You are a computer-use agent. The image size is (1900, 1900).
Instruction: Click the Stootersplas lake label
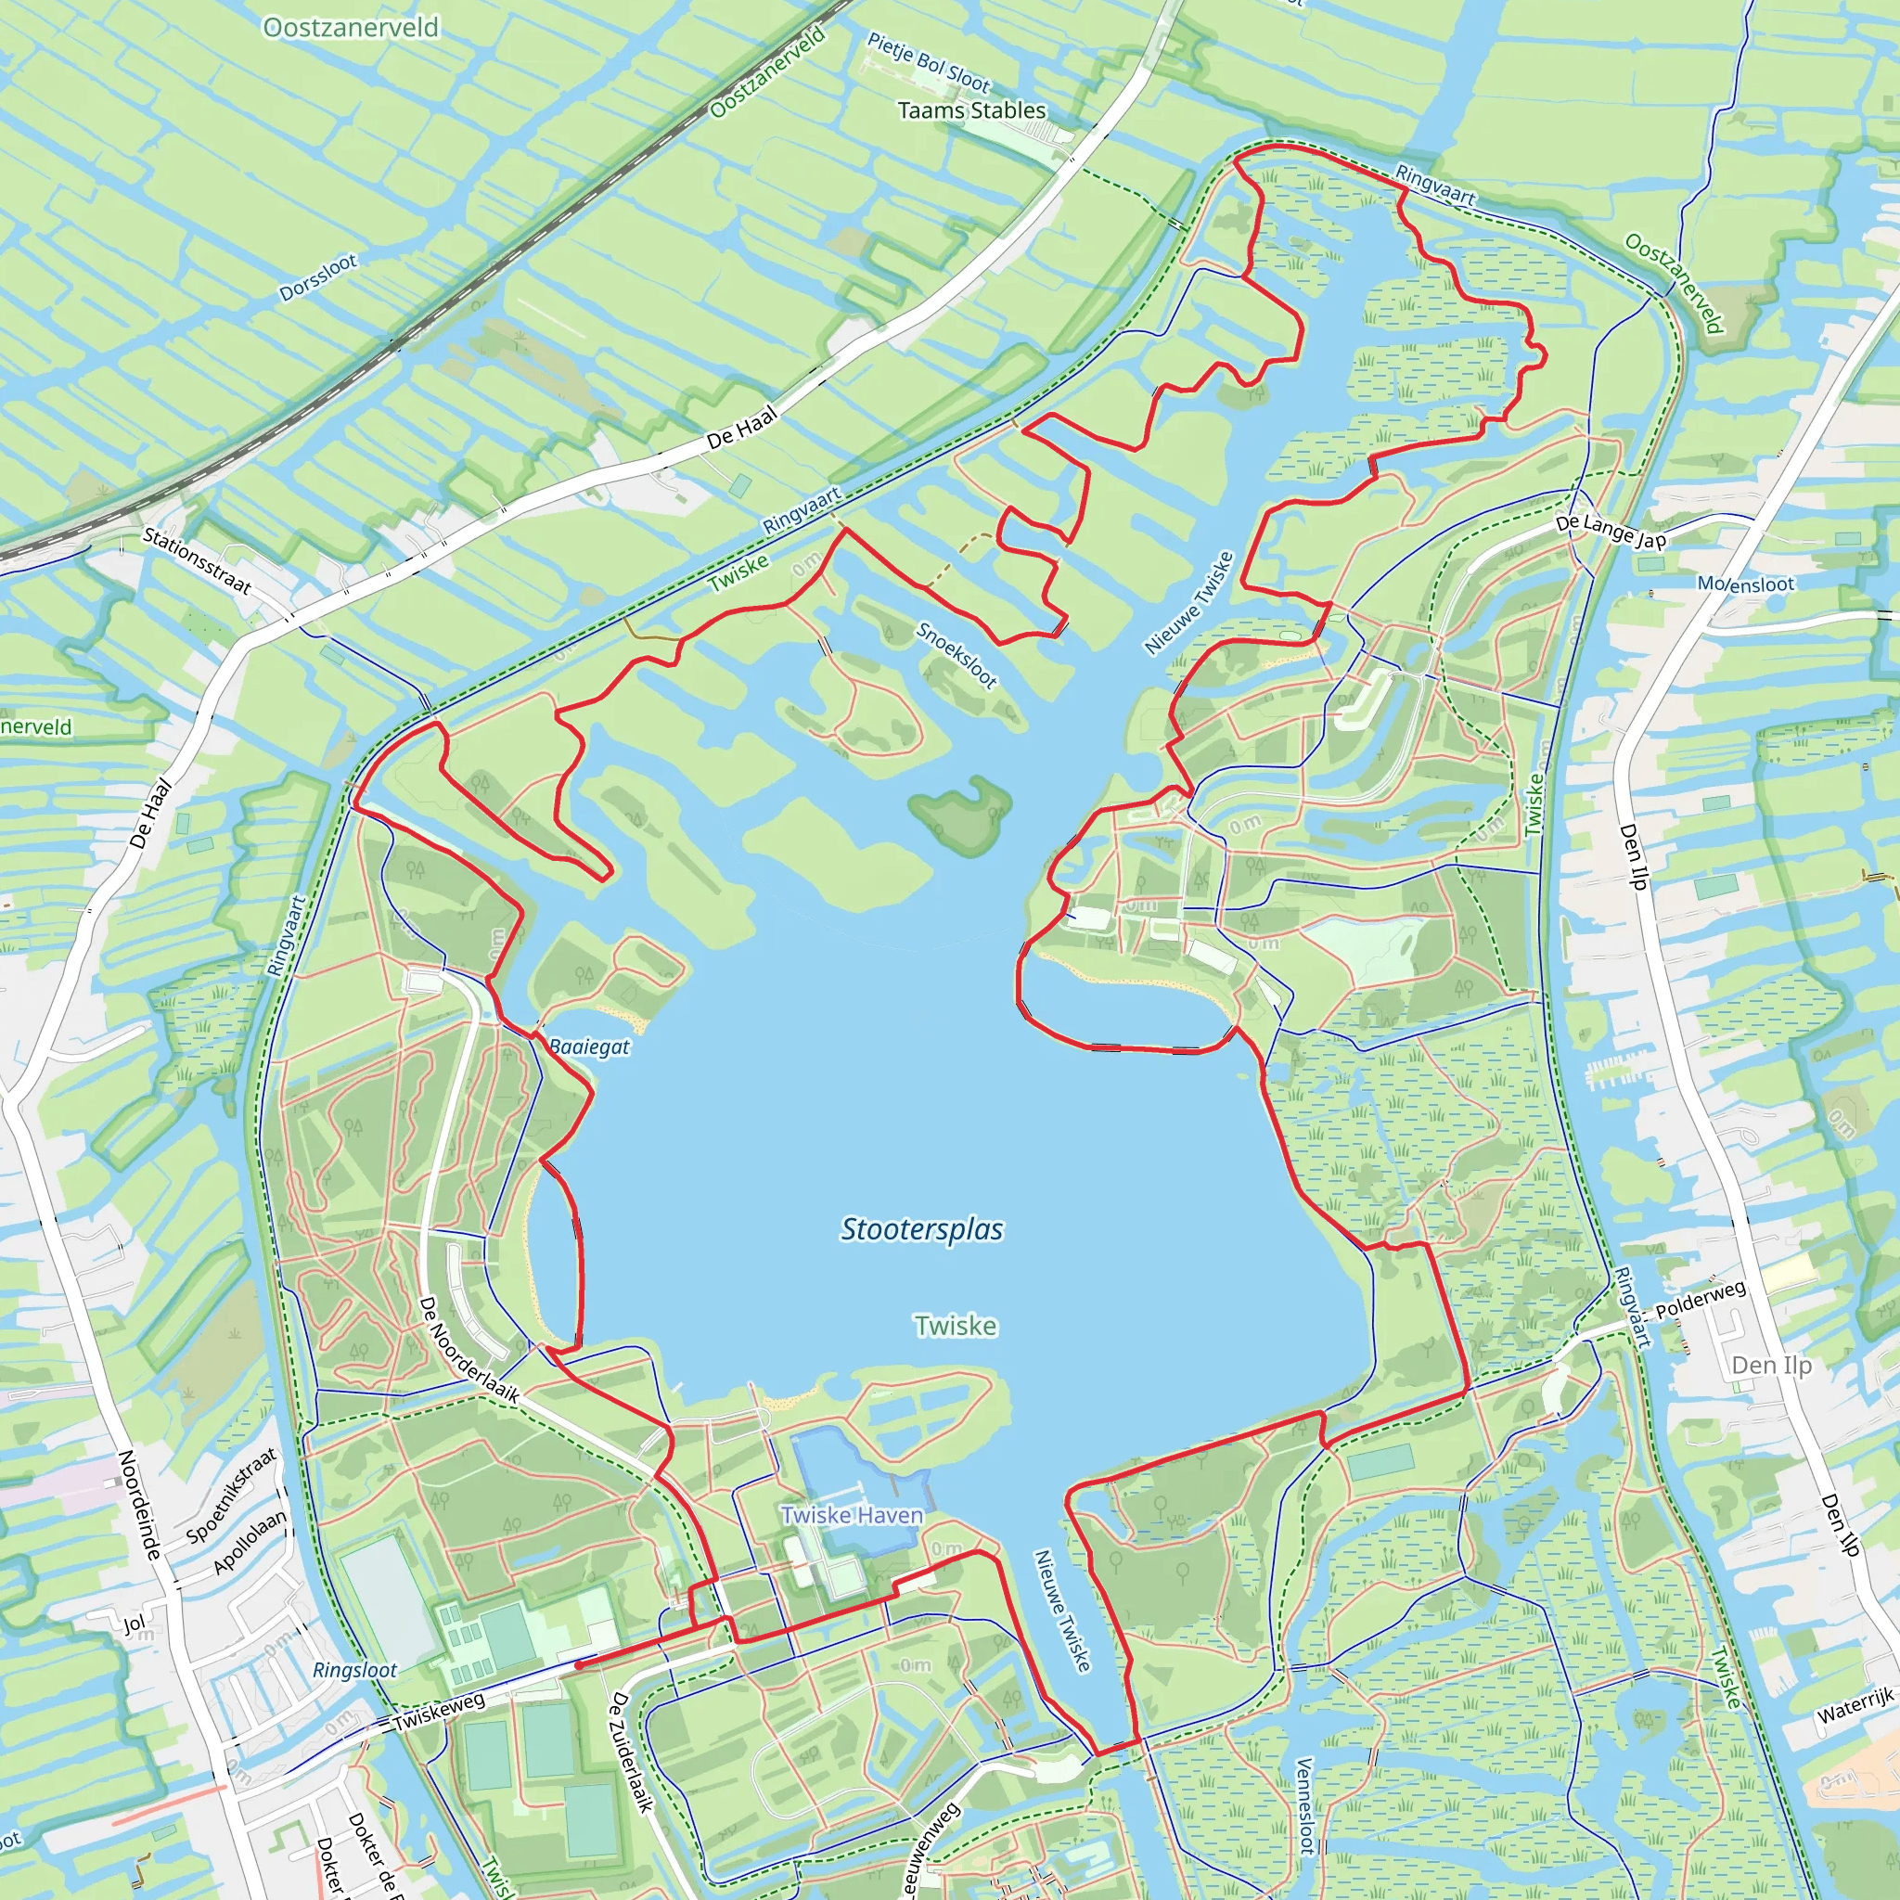[x=921, y=1229]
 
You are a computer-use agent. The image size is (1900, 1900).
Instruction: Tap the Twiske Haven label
[x=852, y=1514]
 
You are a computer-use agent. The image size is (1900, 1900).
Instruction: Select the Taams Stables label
[x=971, y=110]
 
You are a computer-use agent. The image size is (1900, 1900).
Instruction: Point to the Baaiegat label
[x=589, y=1046]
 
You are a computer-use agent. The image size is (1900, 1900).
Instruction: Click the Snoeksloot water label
[x=956, y=654]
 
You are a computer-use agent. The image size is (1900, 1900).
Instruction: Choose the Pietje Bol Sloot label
[x=929, y=61]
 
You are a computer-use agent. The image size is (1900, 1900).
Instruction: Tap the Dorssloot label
[x=318, y=278]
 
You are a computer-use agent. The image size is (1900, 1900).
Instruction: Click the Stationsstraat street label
[x=198, y=560]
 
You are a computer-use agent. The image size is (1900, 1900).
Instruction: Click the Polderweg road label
[x=1701, y=1300]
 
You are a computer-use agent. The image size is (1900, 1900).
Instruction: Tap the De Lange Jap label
[x=1611, y=531]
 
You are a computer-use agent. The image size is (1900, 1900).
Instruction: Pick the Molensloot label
[x=1746, y=584]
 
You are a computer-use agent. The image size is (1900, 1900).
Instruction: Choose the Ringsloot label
[x=355, y=1670]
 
